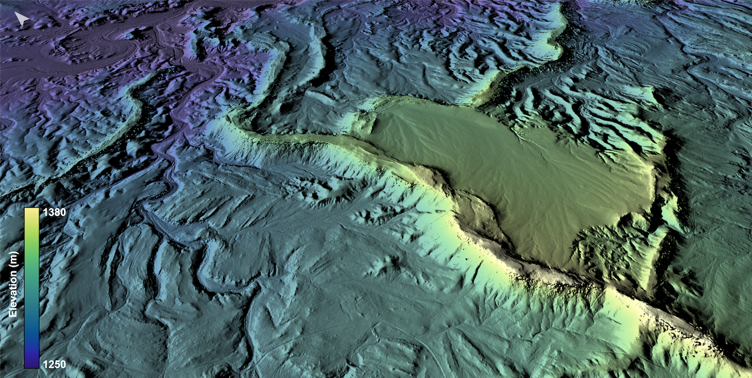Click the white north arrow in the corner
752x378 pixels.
pyautogui.click(x=21, y=19)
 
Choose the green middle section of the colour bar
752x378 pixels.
pyautogui.click(x=32, y=265)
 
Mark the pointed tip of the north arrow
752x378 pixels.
pyautogui.click(x=16, y=14)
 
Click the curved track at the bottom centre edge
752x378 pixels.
pyautogui.click(x=426, y=350)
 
